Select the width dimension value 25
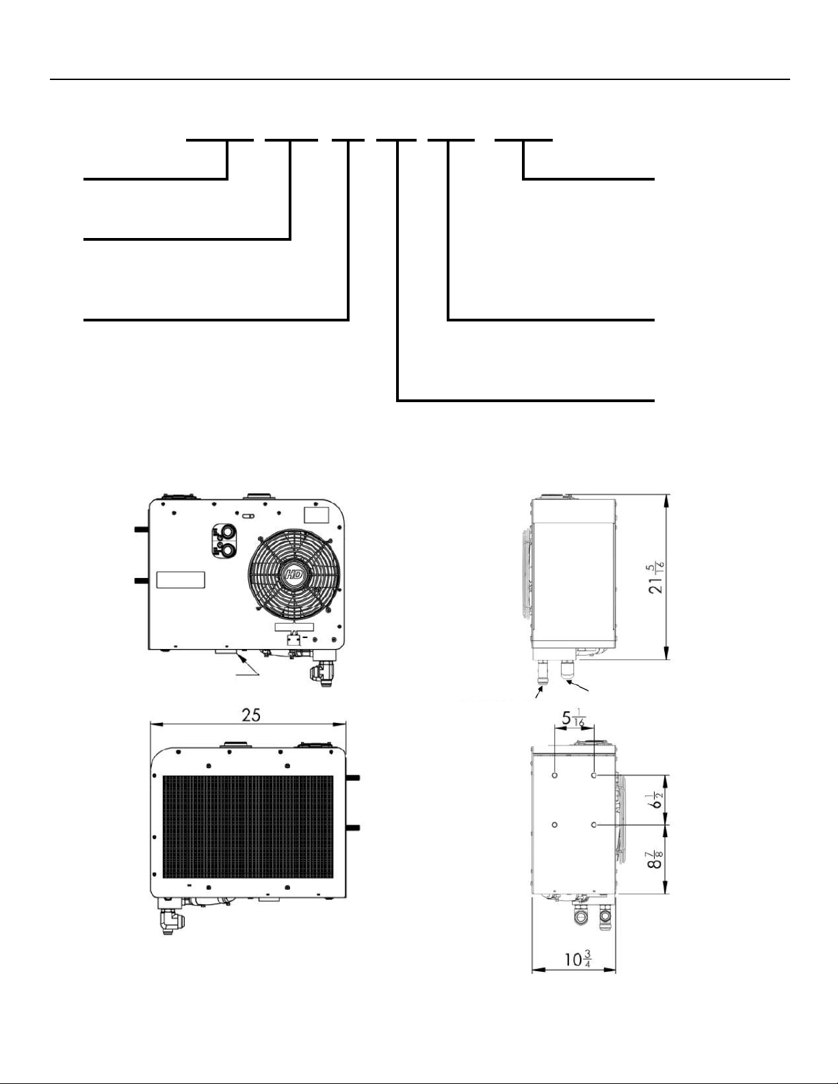[251, 715]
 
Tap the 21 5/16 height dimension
[655, 578]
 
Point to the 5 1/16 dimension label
[573, 719]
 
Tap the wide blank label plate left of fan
[181, 579]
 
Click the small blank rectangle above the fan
[317, 515]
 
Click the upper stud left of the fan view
[140, 529]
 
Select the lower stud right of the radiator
[354, 828]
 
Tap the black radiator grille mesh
[248, 826]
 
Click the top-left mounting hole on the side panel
[555, 776]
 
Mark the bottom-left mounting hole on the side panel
[555, 825]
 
